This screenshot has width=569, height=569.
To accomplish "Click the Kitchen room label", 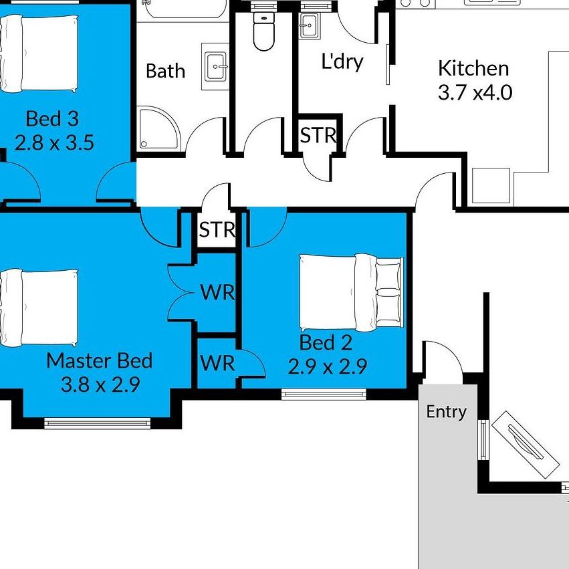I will pos(473,68).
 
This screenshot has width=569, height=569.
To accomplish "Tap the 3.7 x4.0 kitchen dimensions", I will pos(475,92).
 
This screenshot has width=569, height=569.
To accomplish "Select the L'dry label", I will pos(342,62).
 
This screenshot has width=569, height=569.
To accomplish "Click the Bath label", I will pos(165,71).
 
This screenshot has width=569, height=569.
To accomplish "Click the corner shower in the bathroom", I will pos(158,129).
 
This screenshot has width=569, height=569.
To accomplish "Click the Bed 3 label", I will pos(52,119).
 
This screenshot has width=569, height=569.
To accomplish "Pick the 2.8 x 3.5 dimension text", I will pos(53,142).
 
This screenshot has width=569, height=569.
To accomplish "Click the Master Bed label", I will pos(99,361).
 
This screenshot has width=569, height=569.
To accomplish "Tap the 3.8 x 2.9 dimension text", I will pos(100,384).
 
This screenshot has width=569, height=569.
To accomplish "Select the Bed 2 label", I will pos(325,343).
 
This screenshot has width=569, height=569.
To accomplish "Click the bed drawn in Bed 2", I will pos(351,292).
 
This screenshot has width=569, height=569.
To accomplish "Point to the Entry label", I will pos(446,412).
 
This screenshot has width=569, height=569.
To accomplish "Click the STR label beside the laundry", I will pos(318,136).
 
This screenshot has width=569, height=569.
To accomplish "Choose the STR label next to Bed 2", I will pos(217,230).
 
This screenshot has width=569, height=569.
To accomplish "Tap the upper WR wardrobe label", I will pos(217,292).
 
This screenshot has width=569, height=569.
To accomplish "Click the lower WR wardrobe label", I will pos(217,363).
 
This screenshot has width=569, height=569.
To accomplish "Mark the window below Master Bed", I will pos(98,423).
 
